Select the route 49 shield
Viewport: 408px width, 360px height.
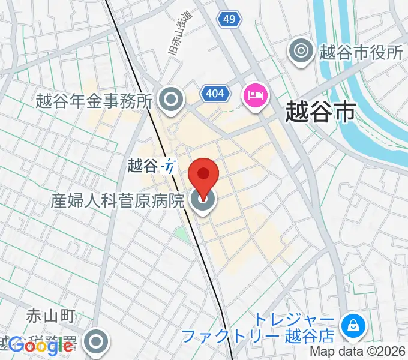click(228, 20)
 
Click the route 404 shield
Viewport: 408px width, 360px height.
click(214, 94)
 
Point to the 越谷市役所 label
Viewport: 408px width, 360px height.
click(361, 52)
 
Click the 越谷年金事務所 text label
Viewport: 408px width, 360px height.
click(94, 100)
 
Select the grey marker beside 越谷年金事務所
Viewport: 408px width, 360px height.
click(172, 100)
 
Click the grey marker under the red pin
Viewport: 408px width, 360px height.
click(203, 202)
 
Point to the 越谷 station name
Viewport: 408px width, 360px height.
click(143, 166)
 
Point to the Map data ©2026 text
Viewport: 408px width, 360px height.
click(358, 353)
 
